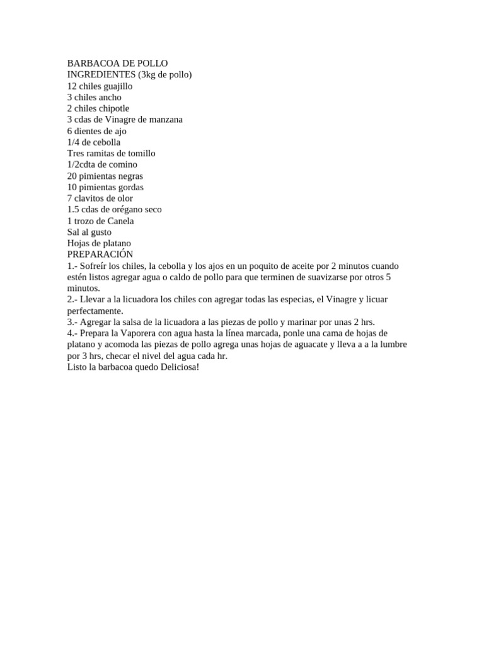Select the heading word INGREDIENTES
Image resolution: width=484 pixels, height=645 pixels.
[97, 75]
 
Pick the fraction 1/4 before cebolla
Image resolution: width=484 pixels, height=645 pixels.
[74, 142]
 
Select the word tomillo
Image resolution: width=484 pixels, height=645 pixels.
[142, 154]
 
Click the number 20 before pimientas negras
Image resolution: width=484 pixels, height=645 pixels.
[72, 176]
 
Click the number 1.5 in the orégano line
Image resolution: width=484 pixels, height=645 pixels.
[73, 210]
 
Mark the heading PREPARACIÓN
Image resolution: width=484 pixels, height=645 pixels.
[100, 254]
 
